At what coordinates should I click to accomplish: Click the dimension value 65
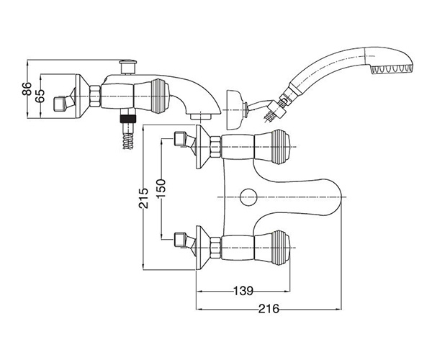tap(42, 96)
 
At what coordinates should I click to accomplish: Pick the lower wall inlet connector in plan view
tap(185, 238)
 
